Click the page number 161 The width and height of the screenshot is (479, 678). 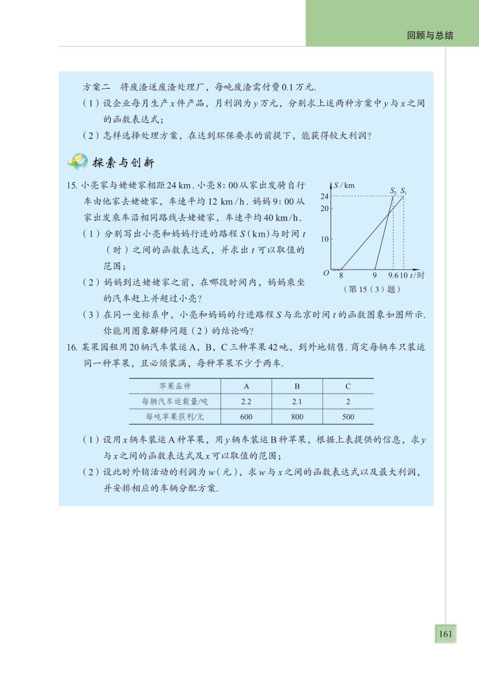445,633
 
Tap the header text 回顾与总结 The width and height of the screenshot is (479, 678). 430,35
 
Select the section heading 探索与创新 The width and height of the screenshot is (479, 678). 123,163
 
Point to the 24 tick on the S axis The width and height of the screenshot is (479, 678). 324,196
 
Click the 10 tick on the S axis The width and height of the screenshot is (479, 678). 324,239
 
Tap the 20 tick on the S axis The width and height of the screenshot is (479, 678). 324,208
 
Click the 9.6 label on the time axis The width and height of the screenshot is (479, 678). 393,275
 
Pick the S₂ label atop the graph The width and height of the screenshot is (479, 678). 393,191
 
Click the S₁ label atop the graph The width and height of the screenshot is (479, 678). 403,191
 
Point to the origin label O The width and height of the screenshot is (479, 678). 326,273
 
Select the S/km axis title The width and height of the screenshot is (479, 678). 344,185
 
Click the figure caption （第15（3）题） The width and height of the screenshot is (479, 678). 372,289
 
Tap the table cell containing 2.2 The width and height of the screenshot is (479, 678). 246,402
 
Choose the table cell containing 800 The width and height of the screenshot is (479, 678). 297,417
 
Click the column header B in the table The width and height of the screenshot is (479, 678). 297,386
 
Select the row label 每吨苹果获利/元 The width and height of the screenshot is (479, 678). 175,417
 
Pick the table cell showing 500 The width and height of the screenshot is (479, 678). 348,417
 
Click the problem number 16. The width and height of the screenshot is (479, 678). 72,347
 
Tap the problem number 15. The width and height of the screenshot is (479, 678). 72,185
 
